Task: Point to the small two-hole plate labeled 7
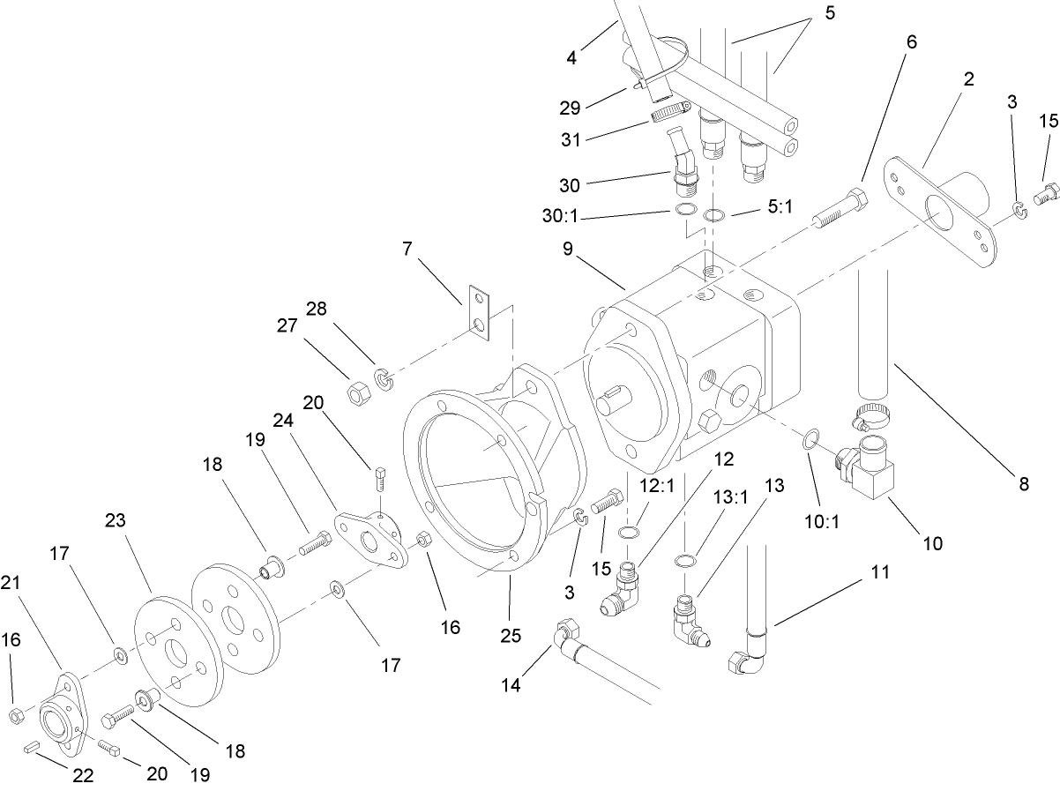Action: point(477,315)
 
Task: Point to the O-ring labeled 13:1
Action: point(683,561)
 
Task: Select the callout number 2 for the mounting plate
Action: point(968,79)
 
